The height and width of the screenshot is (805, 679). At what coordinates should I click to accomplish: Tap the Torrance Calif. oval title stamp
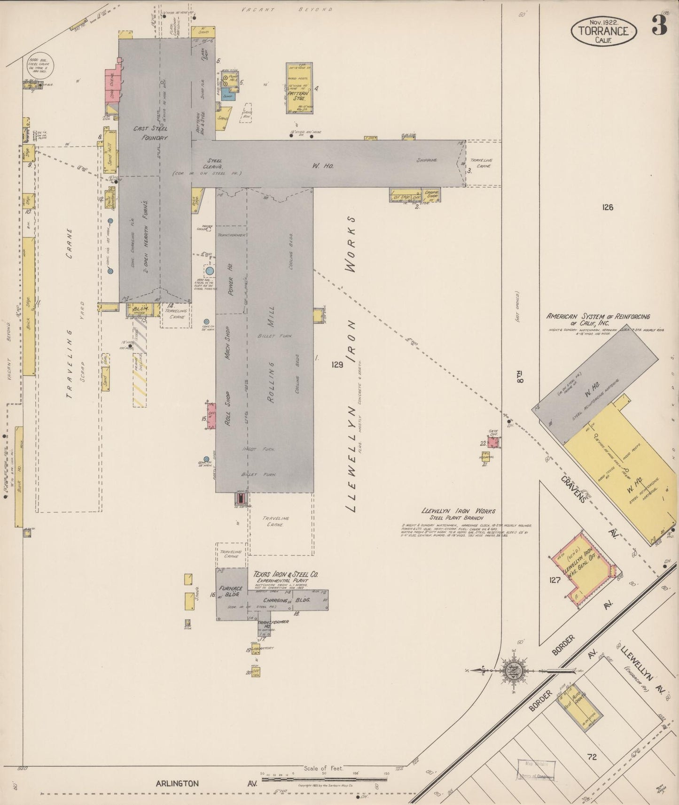click(604, 31)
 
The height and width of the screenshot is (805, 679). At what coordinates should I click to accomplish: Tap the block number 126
click(607, 207)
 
